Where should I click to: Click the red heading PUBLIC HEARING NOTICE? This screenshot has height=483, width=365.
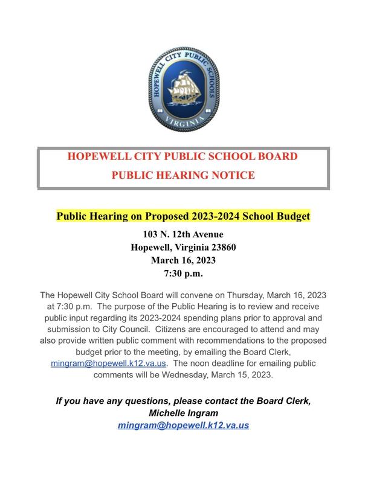pos(182,176)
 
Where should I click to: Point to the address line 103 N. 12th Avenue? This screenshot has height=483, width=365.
pos(182,234)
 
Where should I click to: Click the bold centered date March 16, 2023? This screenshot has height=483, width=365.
pos(182,261)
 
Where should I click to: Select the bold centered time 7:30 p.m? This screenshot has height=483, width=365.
pos(182,274)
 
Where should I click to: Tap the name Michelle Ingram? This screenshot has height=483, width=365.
pos(182,413)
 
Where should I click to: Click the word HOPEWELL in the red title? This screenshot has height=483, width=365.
pos(99,156)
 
